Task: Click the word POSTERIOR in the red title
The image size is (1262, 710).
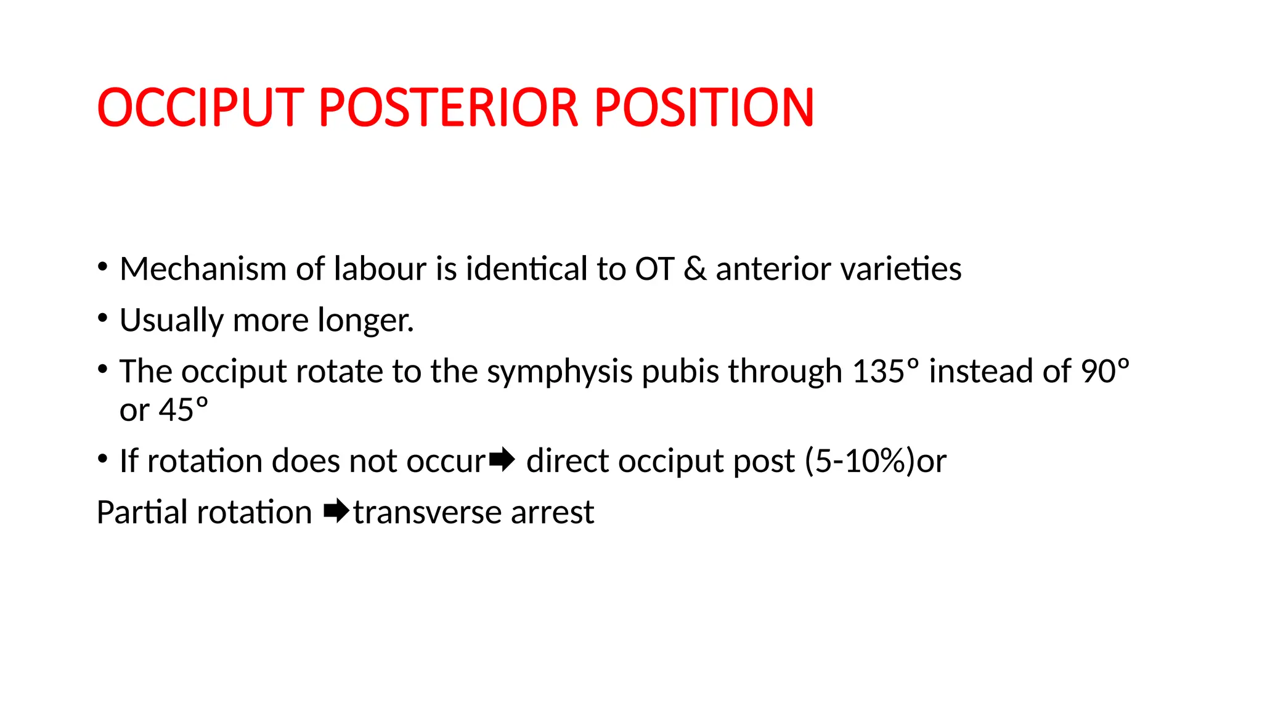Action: tap(449, 108)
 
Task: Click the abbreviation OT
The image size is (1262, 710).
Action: tap(654, 269)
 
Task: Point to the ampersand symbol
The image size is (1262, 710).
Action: tap(695, 269)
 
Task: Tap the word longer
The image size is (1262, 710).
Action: tap(365, 320)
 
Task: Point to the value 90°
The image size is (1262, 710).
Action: tap(1105, 372)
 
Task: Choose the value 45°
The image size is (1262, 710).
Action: tap(184, 410)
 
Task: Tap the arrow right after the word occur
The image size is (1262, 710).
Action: tap(502, 460)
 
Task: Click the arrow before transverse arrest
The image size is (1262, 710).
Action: tap(336, 511)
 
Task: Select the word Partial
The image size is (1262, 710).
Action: tap(142, 512)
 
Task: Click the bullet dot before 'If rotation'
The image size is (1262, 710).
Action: tap(103, 459)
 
